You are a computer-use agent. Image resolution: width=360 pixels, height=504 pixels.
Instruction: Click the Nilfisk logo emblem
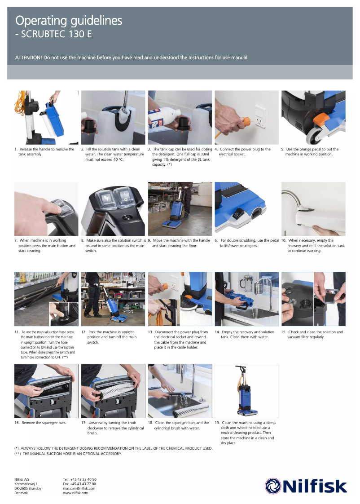[272, 486]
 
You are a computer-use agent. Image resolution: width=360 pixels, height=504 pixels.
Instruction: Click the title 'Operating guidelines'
[69, 21]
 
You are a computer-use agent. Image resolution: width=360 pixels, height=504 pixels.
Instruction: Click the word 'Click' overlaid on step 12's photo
[128, 311]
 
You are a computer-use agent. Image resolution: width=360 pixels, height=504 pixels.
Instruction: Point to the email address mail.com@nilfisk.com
[79, 488]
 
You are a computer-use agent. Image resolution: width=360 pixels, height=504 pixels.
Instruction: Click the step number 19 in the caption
[217, 423]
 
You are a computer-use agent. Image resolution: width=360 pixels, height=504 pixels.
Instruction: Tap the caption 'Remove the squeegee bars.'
[44, 423]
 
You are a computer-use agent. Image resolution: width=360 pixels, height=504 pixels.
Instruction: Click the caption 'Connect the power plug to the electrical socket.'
[244, 152]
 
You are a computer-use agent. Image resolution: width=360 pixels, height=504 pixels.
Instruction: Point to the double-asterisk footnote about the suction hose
[68, 454]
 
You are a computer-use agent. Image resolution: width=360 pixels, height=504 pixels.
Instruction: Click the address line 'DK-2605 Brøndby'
[28, 488]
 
